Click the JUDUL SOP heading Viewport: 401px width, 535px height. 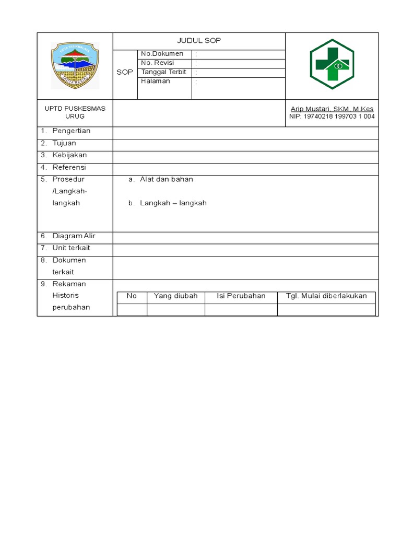[199, 41]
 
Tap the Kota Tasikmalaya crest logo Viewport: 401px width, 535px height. [74, 65]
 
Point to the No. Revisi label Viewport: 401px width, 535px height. [157, 63]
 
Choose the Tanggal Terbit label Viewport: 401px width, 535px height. [163, 72]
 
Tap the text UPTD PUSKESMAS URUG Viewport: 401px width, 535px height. [75, 112]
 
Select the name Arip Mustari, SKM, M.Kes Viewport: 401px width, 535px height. [332, 109]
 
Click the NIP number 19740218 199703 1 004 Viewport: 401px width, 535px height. [332, 117]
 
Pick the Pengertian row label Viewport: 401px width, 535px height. [71, 131]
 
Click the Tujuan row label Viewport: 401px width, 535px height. [64, 143]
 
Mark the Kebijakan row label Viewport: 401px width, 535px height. [69, 155]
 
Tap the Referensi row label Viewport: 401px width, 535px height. [69, 168]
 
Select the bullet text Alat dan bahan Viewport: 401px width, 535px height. [166, 179]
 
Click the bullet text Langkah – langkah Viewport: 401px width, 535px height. [173, 203]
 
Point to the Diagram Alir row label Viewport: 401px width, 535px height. [74, 236]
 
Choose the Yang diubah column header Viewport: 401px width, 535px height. [175, 296]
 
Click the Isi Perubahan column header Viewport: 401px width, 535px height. [241, 296]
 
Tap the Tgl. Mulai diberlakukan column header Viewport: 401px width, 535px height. [326, 296]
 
